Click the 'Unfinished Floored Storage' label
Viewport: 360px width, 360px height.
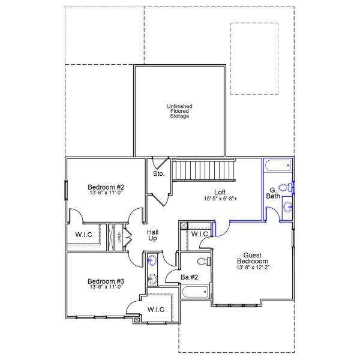point(179,111)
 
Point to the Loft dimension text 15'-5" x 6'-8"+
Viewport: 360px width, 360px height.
point(220,198)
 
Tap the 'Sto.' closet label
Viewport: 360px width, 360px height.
point(158,173)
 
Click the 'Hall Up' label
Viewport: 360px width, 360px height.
point(153,235)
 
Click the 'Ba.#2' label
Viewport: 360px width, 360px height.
point(190,277)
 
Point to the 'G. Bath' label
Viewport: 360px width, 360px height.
point(273,193)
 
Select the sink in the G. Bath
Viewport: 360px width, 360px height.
point(288,208)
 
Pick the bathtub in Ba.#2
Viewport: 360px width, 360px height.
point(195,292)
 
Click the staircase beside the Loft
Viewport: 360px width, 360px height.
point(203,170)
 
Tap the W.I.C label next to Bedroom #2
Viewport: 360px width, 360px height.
point(83,234)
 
